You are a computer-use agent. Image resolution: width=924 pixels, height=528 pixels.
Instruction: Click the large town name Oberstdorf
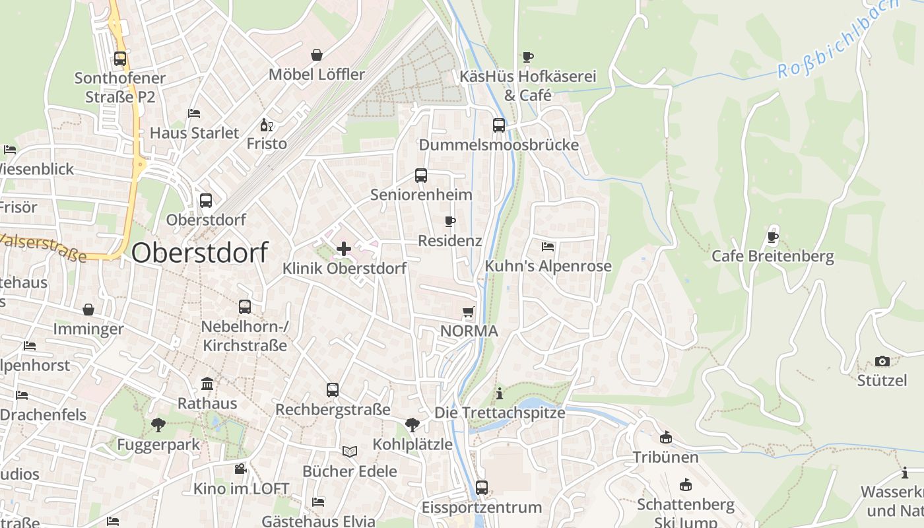point(200,253)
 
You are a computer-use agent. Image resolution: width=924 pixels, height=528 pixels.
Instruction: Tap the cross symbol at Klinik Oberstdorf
point(343,249)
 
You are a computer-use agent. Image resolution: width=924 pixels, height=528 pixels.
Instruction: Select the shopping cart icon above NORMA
point(469,312)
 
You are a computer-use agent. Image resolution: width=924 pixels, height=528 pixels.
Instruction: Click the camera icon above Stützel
point(882,361)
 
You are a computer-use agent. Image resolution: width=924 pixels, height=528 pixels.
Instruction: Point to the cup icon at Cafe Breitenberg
point(773,237)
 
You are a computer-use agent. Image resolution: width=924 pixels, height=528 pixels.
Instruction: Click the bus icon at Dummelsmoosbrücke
point(499,125)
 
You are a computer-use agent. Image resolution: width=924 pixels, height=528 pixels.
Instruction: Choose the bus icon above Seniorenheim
point(421,176)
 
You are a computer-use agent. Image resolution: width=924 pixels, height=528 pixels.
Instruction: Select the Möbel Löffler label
point(317,74)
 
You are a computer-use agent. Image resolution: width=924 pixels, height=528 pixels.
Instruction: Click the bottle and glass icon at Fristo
point(267,125)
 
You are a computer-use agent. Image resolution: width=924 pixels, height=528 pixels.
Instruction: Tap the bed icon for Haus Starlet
point(194,114)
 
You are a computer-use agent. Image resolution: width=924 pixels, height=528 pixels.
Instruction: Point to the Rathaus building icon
point(207,383)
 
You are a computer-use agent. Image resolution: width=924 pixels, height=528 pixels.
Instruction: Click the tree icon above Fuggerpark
point(158,424)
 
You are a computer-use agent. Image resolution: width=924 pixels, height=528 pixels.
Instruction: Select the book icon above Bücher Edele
point(349,451)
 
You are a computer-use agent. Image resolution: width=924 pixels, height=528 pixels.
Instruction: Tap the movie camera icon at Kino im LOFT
point(241,469)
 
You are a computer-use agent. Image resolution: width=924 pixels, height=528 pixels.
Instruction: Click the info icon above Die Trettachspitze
point(500,393)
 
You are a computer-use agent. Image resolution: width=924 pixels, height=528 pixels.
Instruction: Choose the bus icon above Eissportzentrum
point(482,488)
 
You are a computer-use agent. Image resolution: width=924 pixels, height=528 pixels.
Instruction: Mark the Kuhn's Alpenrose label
point(548,266)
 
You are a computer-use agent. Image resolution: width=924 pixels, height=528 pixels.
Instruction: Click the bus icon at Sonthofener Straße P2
point(119,59)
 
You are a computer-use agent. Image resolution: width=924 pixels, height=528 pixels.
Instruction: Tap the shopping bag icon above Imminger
point(88,310)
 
